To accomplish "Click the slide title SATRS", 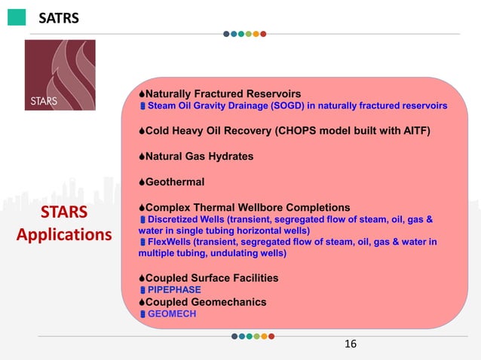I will tap(59, 17).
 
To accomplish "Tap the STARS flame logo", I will tap(60, 75).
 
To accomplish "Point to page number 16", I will tap(350, 344).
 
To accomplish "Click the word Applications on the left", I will tap(64, 234).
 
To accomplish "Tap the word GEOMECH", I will tap(171, 314).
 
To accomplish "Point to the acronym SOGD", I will tap(263, 105).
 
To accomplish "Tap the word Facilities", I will tap(250, 278).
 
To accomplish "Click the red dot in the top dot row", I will tap(263, 33).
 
